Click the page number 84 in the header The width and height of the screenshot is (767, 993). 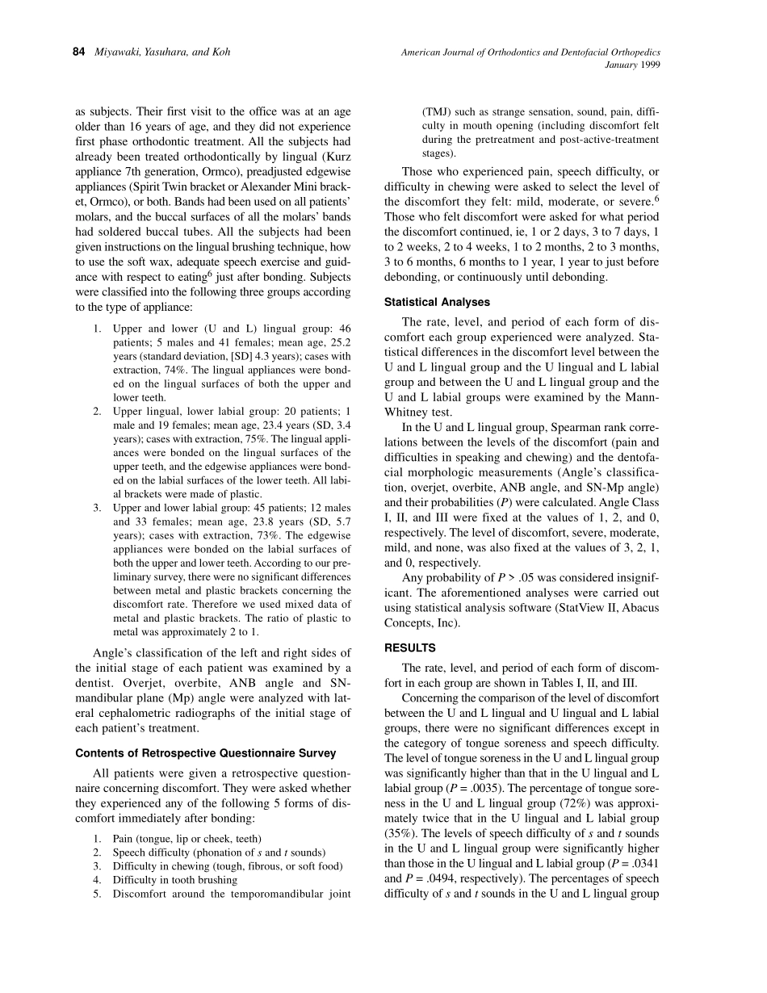79,52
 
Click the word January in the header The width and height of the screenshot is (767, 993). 622,65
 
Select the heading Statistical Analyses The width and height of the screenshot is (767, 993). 436,303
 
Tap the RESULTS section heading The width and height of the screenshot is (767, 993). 409,647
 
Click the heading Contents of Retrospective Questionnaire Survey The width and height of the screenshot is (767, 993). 205,753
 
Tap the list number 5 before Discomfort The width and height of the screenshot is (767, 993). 96,894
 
